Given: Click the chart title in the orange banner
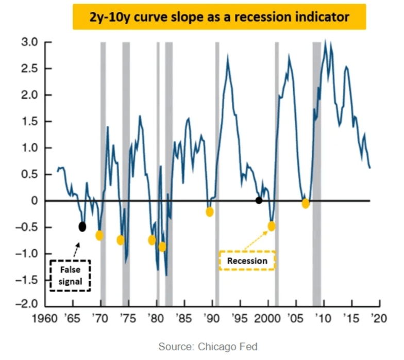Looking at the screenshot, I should [x=219, y=17].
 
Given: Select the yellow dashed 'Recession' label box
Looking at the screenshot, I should [x=247, y=260].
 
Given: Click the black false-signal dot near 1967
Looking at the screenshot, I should [x=82, y=226].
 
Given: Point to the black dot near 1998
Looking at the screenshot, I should [x=259, y=200].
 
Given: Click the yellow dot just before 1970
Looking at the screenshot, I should [x=99, y=235].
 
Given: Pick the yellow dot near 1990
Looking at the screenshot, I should [x=210, y=211].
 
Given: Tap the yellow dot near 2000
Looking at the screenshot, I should [x=272, y=226].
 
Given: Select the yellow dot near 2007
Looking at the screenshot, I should [x=306, y=203].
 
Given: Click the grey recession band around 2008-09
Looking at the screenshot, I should [x=316, y=129].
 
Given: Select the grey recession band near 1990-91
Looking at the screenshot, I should [x=217, y=129].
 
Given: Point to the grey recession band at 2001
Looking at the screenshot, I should [x=277, y=129].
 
